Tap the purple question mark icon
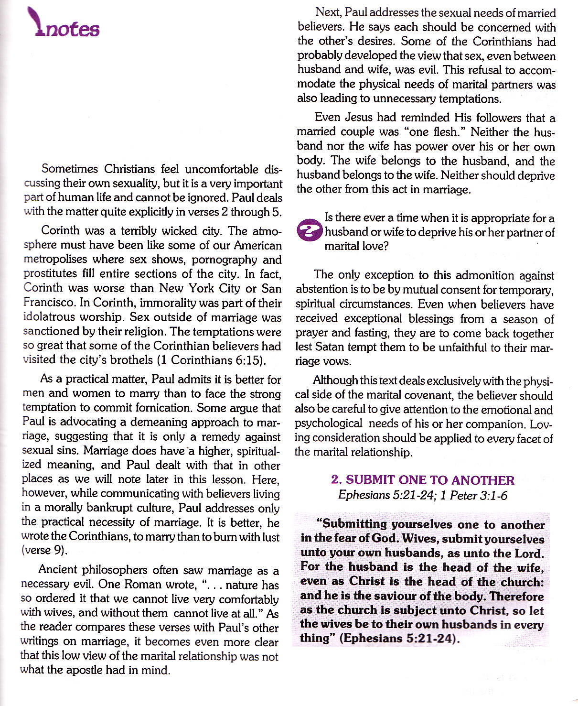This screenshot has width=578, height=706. click(310, 231)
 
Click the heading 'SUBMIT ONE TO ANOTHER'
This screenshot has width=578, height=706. click(430, 480)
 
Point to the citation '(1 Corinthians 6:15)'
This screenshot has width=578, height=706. click(211, 360)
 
